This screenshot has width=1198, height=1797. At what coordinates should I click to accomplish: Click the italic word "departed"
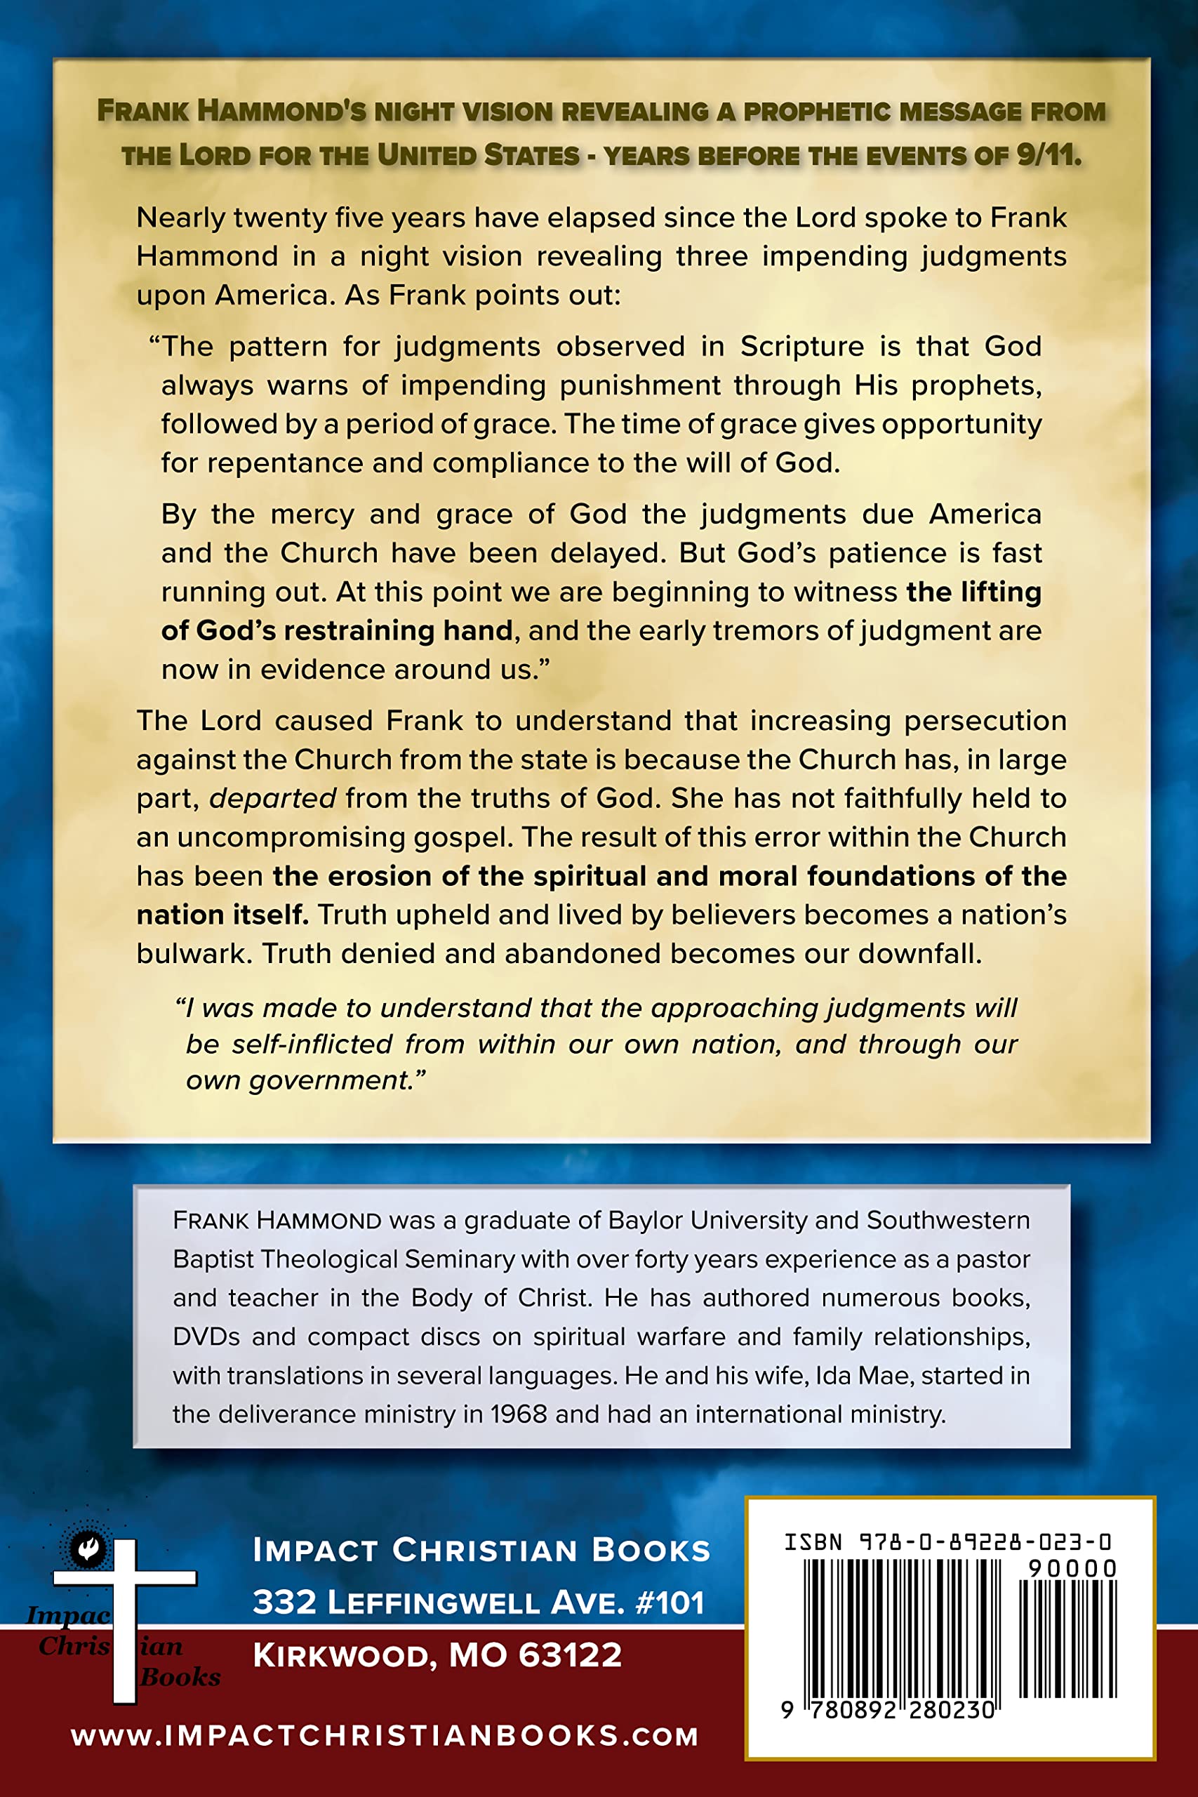[273, 798]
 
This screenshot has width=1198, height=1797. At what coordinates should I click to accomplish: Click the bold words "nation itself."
[222, 915]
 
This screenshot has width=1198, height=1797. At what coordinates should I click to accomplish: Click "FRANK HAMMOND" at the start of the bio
[277, 1220]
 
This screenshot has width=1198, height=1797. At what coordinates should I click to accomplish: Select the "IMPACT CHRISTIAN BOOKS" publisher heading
[481, 1550]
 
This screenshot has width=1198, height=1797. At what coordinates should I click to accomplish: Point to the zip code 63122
[570, 1655]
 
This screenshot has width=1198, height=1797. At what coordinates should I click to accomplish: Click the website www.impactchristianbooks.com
[385, 1735]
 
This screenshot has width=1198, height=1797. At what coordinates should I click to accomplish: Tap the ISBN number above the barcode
[947, 1541]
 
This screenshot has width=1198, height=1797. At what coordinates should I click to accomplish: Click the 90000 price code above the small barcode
[1072, 1569]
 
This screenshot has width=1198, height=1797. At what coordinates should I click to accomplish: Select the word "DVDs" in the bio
[206, 1337]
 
